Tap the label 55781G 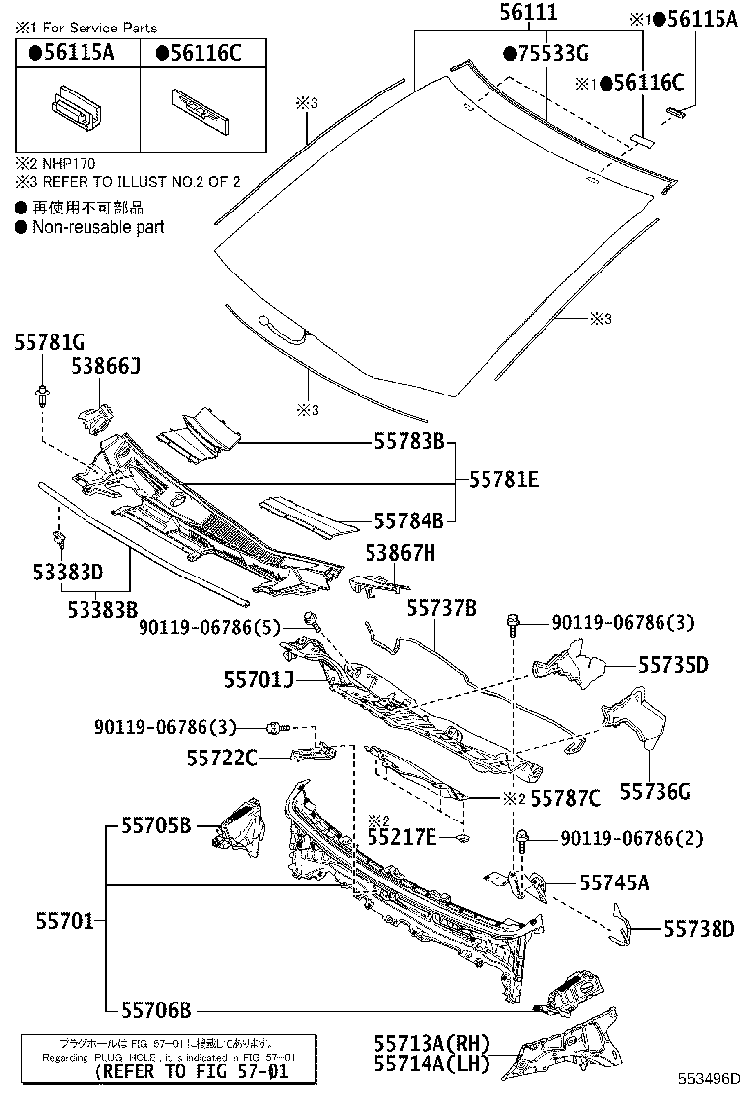tap(49, 342)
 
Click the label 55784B tap(408, 519)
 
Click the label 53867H tap(400, 554)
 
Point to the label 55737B tap(442, 610)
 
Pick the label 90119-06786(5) tap(210, 626)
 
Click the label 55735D tap(672, 666)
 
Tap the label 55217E tap(401, 836)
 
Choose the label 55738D tap(699, 928)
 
